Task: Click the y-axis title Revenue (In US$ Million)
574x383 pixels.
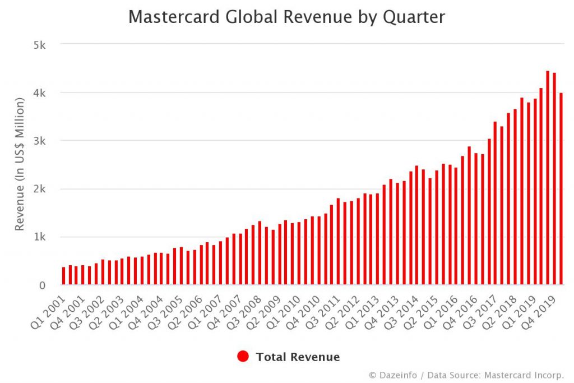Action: pyautogui.click(x=20, y=164)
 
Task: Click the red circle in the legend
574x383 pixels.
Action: pyautogui.click(x=243, y=357)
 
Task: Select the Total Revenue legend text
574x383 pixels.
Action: pyautogui.click(x=298, y=357)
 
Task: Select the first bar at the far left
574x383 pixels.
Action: pyautogui.click(x=64, y=276)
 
